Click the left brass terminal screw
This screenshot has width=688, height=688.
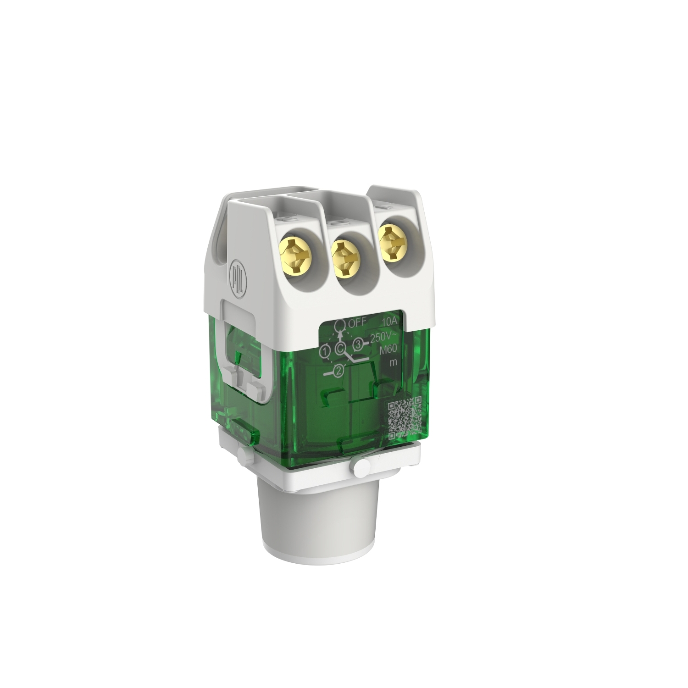294,252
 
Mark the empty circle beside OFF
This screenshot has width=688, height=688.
340,325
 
